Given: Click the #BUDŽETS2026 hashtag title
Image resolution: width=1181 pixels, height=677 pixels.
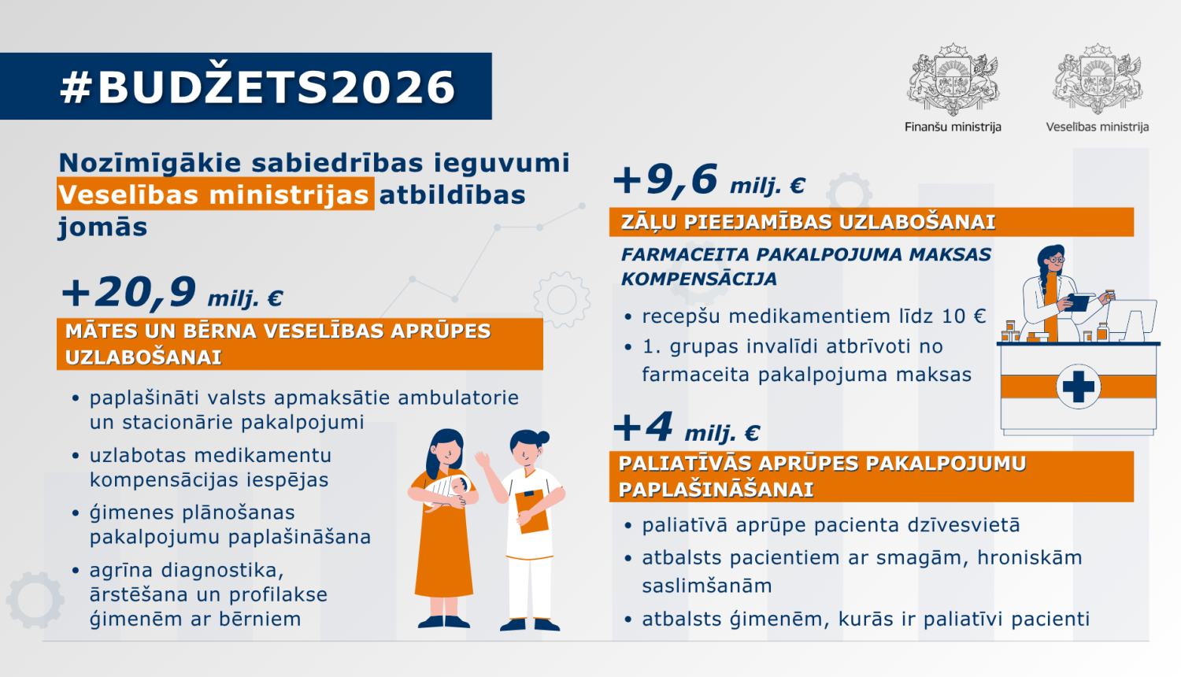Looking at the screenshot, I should point(257,87).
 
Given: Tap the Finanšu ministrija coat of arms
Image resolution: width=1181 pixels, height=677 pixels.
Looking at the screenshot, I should point(953,80).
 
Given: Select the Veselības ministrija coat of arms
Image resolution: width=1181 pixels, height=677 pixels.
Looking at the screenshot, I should point(1098,80).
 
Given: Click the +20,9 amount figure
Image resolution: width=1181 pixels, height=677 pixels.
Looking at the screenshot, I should point(130,293).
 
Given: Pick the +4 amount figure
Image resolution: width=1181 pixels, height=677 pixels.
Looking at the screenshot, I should point(644,427).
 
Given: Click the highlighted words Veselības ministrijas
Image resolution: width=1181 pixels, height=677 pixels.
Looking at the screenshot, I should point(214,194).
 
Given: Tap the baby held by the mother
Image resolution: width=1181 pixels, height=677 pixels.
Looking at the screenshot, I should point(453,490).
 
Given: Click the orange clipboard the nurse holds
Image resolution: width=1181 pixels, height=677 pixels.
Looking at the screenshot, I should point(532,512).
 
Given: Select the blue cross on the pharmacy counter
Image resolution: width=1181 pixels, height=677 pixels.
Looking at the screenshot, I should point(1078,387).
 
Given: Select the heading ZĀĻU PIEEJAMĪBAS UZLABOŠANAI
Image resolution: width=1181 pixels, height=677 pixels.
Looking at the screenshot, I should point(808,222).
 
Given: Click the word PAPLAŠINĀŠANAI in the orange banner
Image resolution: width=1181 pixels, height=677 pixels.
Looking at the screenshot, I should point(716,490).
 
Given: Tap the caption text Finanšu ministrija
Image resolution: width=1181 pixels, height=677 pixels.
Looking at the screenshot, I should point(953,127).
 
